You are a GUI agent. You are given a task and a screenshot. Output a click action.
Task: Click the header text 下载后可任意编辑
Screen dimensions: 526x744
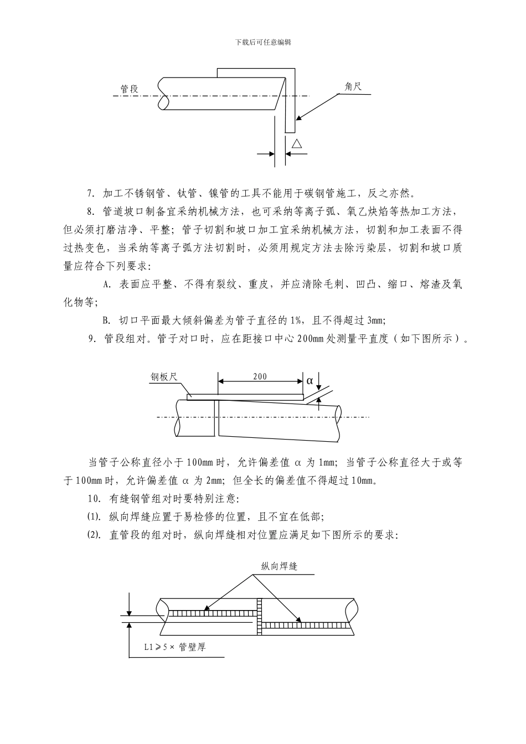pyautogui.click(x=263, y=42)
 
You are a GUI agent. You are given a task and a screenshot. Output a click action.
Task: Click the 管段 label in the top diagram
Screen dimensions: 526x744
pyautogui.click(x=130, y=89)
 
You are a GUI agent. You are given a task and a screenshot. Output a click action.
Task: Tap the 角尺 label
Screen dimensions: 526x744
pyautogui.click(x=353, y=86)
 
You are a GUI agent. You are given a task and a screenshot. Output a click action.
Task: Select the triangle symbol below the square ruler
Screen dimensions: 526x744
pyautogui.click(x=297, y=144)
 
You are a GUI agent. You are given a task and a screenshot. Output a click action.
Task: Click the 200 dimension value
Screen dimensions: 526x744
pyautogui.click(x=260, y=377)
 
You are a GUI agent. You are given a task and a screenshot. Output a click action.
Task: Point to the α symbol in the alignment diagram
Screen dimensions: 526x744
pyautogui.click(x=310, y=381)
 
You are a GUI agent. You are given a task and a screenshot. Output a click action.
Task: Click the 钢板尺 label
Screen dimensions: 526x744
pyautogui.click(x=164, y=377)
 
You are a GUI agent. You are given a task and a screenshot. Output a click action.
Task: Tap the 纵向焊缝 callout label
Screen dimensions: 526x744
pyautogui.click(x=279, y=566)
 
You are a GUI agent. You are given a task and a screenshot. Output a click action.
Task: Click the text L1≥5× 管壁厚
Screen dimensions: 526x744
pyautogui.click(x=174, y=647)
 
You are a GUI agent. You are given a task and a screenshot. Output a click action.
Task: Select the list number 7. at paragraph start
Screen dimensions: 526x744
pyautogui.click(x=92, y=194)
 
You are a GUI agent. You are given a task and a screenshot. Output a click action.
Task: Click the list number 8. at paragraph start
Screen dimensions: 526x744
pyautogui.click(x=92, y=212)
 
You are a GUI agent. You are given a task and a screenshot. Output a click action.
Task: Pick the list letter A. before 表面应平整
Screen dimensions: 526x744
pyautogui.click(x=107, y=285)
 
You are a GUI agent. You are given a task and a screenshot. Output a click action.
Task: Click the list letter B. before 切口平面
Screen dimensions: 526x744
pyautogui.click(x=107, y=321)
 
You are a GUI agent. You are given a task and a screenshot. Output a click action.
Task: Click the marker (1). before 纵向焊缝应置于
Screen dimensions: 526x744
pyautogui.click(x=94, y=517)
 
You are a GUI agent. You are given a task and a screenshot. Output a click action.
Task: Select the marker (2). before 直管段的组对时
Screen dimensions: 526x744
pyautogui.click(x=94, y=535)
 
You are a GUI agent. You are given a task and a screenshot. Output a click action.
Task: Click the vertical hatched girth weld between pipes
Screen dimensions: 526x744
pyautogui.click(x=259, y=617)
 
